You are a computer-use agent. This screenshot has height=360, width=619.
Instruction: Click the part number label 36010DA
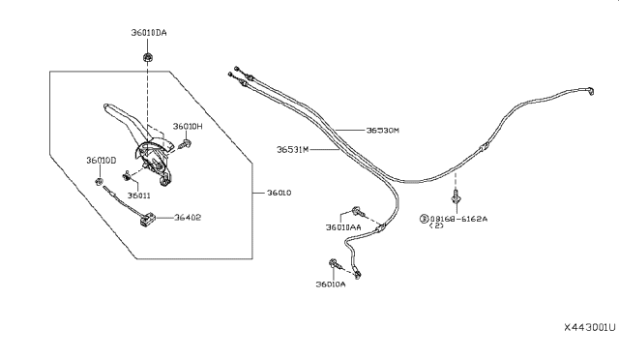tap(149, 34)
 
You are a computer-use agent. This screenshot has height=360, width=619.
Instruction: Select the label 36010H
tap(188, 126)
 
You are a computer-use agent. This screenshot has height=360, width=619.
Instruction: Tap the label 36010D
tap(101, 160)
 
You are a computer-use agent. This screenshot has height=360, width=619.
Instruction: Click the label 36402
tap(189, 219)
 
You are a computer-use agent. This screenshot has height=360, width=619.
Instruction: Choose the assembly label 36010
tap(279, 193)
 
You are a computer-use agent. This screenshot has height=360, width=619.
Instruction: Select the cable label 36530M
tap(383, 130)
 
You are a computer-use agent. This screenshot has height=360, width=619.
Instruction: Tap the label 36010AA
tap(342, 227)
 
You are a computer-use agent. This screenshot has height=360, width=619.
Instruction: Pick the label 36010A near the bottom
tap(330, 285)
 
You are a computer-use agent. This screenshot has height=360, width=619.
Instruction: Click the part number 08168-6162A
tap(459, 220)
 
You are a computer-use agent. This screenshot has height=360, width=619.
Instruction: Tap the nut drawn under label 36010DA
tap(145, 57)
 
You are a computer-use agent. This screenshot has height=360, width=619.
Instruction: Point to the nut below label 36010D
tap(100, 181)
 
